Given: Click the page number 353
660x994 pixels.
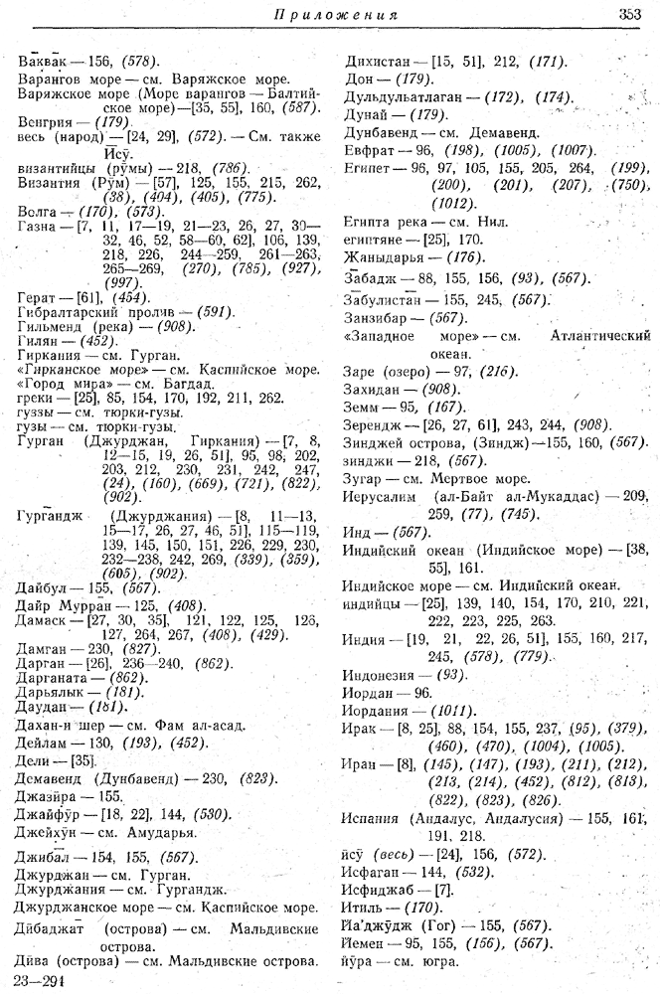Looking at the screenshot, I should [632, 15].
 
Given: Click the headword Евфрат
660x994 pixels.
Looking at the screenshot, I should [369, 150].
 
